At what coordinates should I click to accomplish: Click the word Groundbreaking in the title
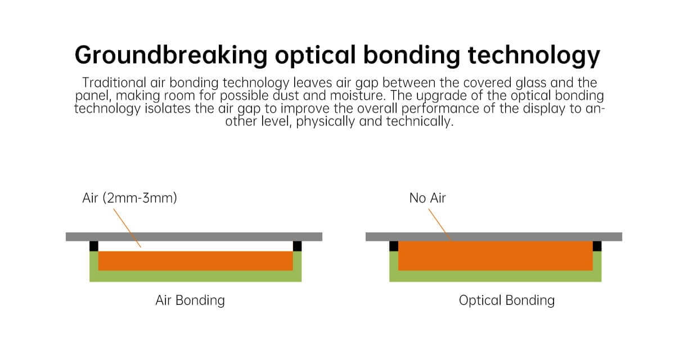(x=171, y=55)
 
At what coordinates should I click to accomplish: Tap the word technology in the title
(x=534, y=55)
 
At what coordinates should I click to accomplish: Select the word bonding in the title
(x=412, y=55)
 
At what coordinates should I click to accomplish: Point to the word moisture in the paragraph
(x=357, y=96)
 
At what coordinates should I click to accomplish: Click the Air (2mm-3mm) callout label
(x=129, y=198)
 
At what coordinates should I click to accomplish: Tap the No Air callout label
(x=427, y=198)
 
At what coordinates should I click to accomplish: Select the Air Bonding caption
(x=190, y=300)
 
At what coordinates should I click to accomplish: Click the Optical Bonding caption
(x=507, y=300)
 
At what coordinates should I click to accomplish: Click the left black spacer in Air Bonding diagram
(x=94, y=246)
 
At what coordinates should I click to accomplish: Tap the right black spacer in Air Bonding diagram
(x=297, y=246)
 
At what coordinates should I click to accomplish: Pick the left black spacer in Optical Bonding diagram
(x=394, y=246)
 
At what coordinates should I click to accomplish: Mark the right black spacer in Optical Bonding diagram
(x=597, y=246)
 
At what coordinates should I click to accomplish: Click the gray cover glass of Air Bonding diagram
(x=194, y=237)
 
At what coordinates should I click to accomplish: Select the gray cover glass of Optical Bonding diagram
(x=494, y=237)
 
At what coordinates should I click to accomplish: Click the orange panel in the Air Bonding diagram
(x=196, y=261)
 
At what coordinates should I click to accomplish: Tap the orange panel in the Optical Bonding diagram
(x=496, y=256)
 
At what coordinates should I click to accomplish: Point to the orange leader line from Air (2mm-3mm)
(x=127, y=228)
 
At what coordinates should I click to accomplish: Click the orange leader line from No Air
(x=440, y=225)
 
